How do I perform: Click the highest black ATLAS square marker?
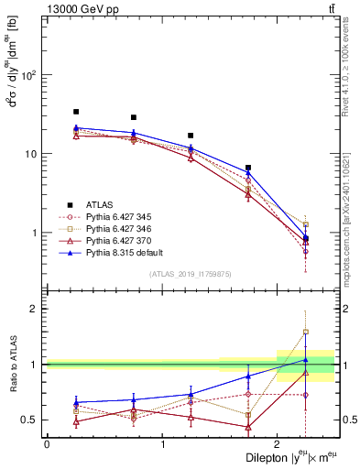click(76, 112)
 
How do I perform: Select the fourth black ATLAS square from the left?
click(248, 168)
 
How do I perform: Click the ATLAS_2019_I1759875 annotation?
click(190, 274)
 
